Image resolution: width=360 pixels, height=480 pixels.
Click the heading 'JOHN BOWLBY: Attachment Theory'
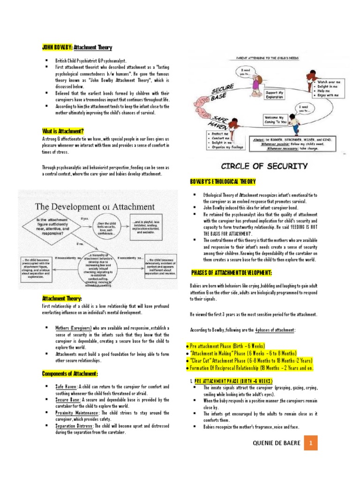77,47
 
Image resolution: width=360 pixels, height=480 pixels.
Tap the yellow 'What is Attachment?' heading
63,131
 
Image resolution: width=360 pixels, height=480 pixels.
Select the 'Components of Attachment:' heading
70,373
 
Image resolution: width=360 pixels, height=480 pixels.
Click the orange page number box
311,442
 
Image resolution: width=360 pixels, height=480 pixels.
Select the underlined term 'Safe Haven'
66,387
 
